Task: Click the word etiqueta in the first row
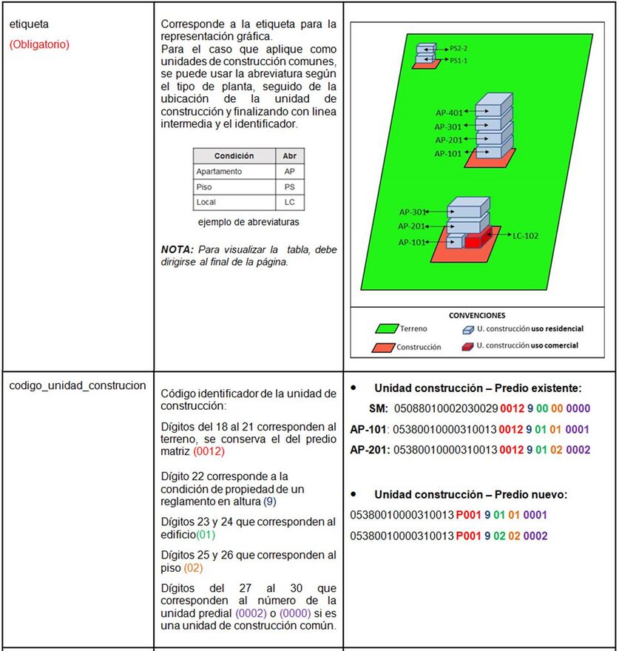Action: click(29, 24)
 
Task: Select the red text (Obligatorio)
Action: click(39, 44)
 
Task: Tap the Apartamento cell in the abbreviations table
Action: click(219, 172)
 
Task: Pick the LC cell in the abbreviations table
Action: click(289, 202)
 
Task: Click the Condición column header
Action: click(234, 156)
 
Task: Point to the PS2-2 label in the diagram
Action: click(459, 49)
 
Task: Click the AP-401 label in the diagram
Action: click(449, 113)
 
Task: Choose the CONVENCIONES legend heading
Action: click(477, 314)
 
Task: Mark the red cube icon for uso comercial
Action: click(467, 345)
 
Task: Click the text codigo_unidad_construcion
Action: click(78, 386)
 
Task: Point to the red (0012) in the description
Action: click(209, 451)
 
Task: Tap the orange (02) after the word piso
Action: click(192, 568)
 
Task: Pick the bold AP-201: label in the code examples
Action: click(370, 449)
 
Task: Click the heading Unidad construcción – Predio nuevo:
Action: click(470, 494)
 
